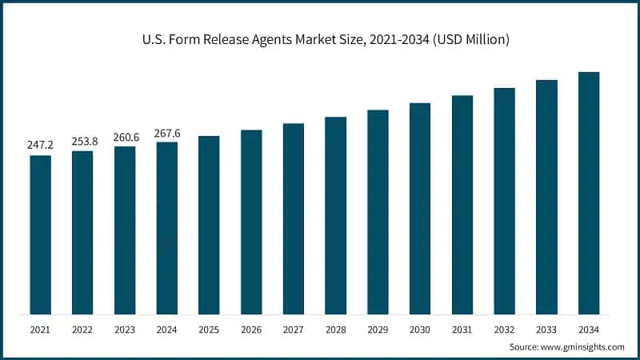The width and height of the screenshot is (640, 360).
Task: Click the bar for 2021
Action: coord(41,234)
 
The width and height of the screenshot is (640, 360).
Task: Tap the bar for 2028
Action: coord(335,215)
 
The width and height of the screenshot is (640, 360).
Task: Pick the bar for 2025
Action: coord(209,225)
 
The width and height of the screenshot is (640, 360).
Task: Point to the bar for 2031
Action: coord(462,205)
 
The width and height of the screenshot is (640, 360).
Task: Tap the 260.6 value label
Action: coord(125,137)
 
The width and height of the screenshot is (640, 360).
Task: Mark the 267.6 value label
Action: coord(167,133)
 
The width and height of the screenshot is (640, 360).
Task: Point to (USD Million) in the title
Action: coord(470,38)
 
